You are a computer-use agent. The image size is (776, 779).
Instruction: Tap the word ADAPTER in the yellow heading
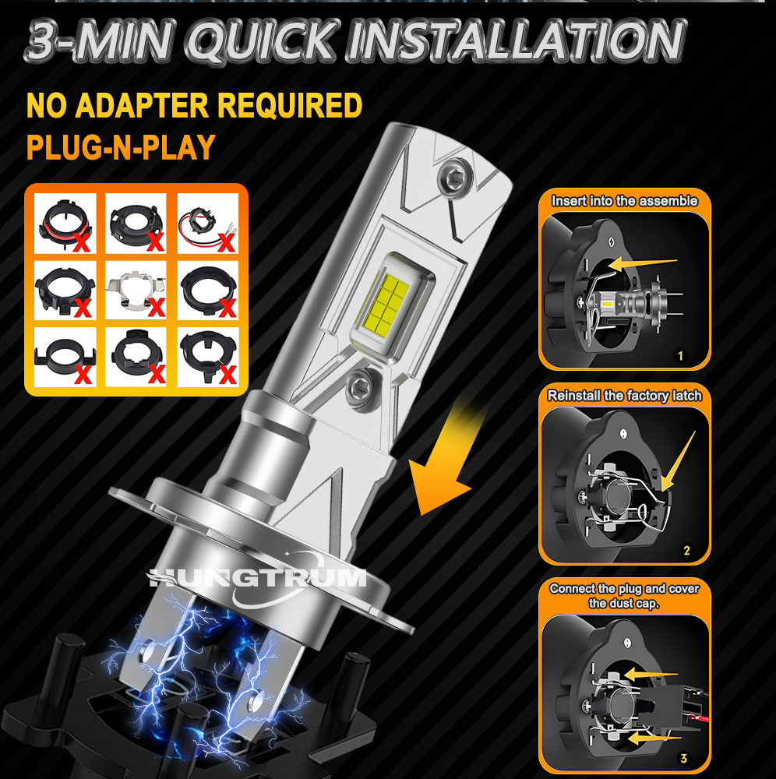[x=142, y=105]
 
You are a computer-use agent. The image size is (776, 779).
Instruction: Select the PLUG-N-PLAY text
[x=121, y=147]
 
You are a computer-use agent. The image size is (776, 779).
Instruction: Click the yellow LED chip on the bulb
[x=386, y=304]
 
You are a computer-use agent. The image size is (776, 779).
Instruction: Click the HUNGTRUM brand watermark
[x=256, y=578]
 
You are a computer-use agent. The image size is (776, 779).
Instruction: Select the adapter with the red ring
[x=65, y=224]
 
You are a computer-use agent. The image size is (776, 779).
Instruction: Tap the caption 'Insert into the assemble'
[x=625, y=201]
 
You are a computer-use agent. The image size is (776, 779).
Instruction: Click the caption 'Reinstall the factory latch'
[x=625, y=396]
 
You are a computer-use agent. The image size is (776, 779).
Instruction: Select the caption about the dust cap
[x=624, y=596]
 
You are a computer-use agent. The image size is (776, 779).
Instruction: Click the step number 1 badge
[x=681, y=356]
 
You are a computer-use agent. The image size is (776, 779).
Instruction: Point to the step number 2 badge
[x=686, y=551]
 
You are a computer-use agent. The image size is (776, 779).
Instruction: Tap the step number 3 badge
[x=683, y=758]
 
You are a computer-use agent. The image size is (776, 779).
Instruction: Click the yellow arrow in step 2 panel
[x=679, y=461]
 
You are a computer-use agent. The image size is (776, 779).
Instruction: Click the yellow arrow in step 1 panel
[x=642, y=263]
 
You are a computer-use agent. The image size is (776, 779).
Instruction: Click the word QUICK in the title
[x=263, y=41]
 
